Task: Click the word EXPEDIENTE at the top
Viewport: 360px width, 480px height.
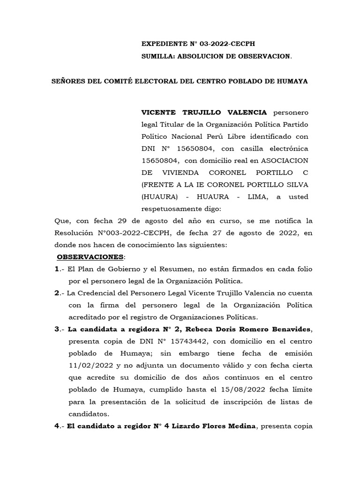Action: [163, 45]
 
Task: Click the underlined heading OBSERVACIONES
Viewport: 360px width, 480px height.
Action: [90, 257]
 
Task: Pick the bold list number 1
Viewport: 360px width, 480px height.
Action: [57, 269]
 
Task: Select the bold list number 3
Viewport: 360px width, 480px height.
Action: [57, 330]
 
